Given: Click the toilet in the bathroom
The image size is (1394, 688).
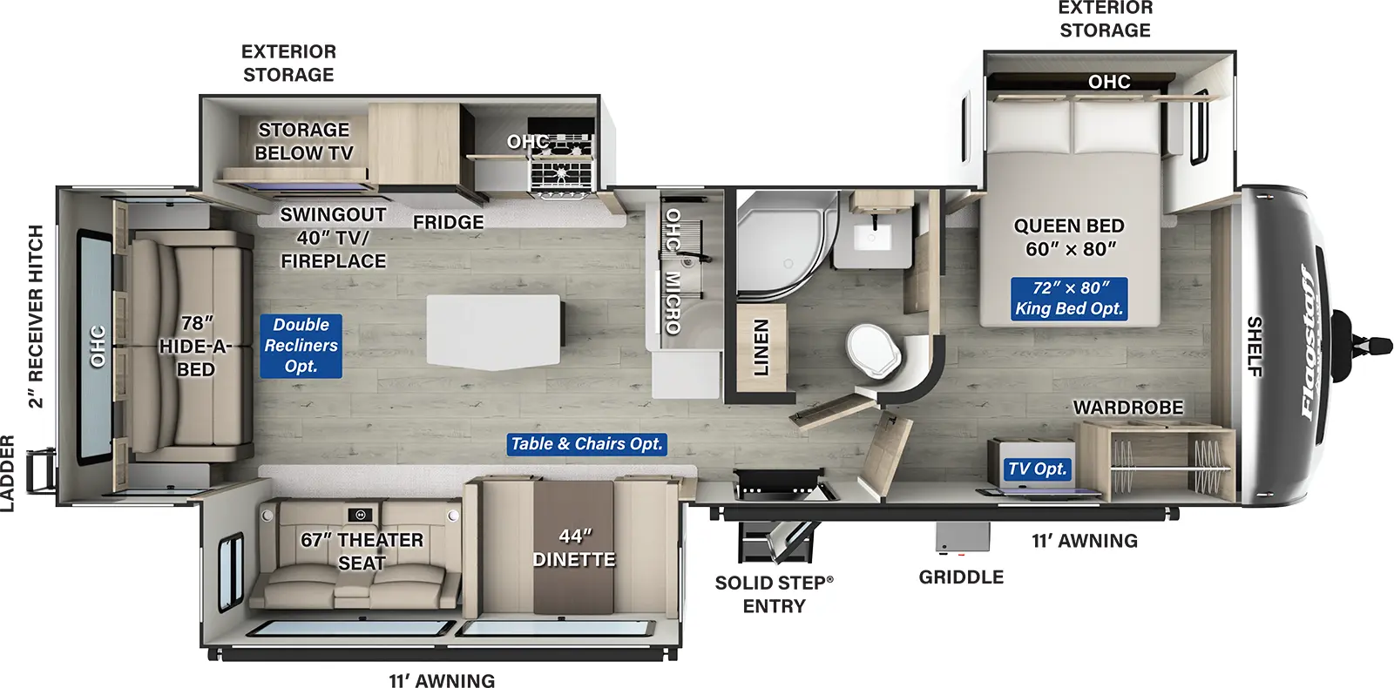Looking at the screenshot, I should coord(874,351).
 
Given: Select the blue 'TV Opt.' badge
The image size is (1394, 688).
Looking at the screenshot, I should coord(1037,469).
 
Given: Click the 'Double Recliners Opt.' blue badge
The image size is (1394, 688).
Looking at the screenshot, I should coord(301,346).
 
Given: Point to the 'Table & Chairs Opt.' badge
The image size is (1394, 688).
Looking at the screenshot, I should coord(587,444).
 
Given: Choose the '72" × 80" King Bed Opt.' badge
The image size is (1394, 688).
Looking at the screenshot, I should coord(1069,299).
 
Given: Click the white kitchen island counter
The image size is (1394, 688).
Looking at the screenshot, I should coord(493,331).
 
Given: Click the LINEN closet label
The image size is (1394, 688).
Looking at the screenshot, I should coord(761,347).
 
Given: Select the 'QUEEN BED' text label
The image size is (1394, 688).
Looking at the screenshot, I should coord(1069,226).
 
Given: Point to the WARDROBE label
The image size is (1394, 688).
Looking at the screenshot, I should coord(1127,408).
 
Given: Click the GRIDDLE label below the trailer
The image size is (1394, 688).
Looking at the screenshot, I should coord(961,577).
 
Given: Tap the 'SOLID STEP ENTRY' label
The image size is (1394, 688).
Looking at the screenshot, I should coord(774,594).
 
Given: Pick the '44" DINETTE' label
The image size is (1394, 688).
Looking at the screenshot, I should coord(574,548).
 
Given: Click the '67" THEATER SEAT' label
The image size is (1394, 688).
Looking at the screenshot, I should coord(362,551).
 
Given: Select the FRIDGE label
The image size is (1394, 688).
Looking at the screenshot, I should coord(448,223).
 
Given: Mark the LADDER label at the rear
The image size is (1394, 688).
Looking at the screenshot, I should coord(8,474).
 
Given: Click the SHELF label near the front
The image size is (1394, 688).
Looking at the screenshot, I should coord(1255,347).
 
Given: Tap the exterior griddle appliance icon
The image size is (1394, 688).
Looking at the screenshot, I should coord(963,537).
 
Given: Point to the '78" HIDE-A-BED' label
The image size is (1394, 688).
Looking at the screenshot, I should coord(195,347).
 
